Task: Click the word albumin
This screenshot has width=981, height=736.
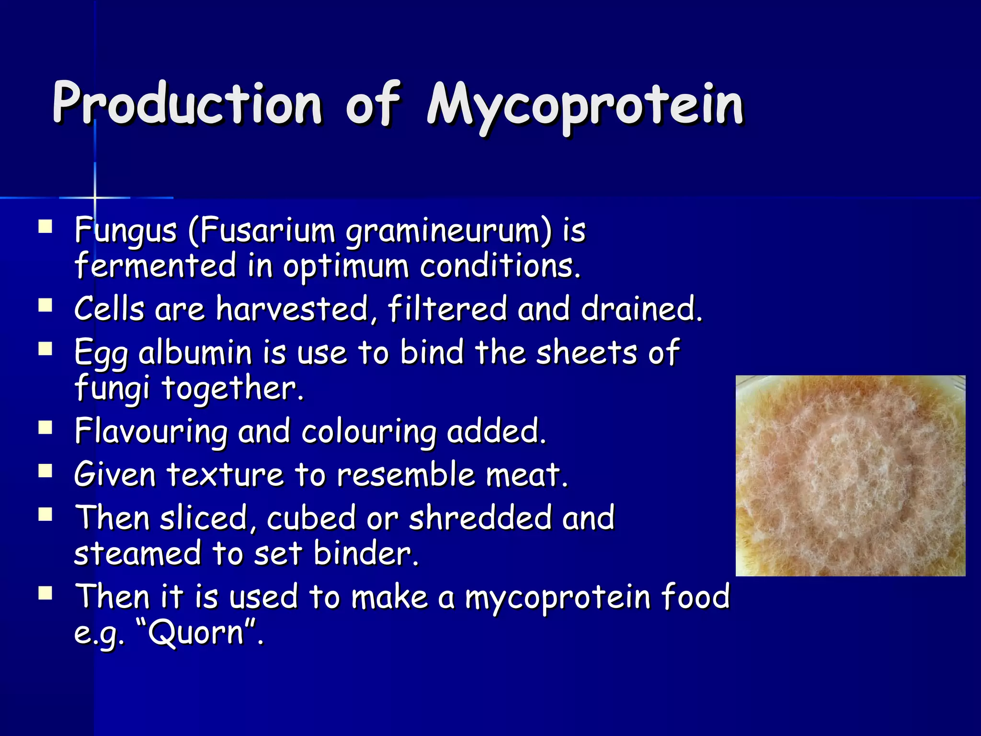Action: pyautogui.click(x=195, y=352)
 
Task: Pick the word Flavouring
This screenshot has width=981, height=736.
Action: pyautogui.click(x=151, y=431)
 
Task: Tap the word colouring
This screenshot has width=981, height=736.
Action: pyautogui.click(x=369, y=431)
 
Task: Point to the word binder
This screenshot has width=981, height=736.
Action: pyautogui.click(x=366, y=553)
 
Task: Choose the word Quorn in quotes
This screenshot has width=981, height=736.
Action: pyautogui.click(x=196, y=633)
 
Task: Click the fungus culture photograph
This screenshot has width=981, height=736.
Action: pyautogui.click(x=850, y=475)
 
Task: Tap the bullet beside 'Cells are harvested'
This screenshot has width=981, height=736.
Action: pyautogui.click(x=46, y=305)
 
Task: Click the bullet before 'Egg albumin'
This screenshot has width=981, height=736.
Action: pyautogui.click(x=46, y=348)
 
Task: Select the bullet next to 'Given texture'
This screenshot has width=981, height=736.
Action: pyautogui.click(x=46, y=471)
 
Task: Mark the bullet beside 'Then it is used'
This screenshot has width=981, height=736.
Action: pyautogui.click(x=46, y=594)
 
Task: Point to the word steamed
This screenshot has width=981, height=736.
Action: pyautogui.click(x=137, y=553)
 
